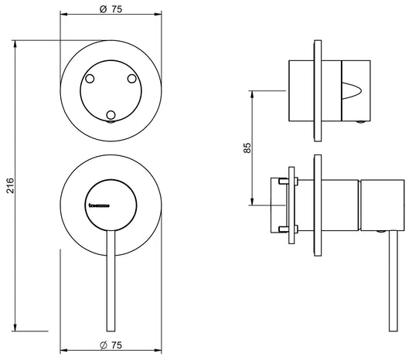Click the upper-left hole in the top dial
(x=91, y=79)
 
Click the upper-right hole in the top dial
(x=131, y=79)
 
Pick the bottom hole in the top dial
(x=111, y=115)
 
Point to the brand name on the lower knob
(x=100, y=206)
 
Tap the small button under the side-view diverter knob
(x=361, y=121)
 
